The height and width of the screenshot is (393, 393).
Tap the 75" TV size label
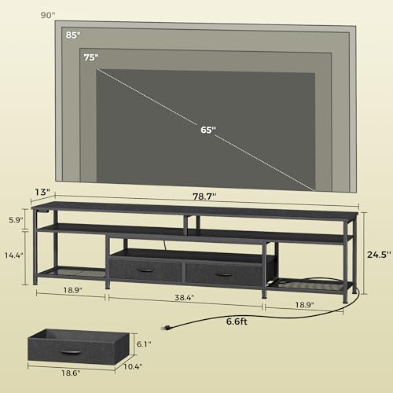pos(91,57)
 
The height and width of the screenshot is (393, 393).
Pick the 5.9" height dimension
pos(16,221)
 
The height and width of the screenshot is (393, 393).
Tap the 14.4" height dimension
pos(13,255)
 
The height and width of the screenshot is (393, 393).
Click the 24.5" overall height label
pos(379,253)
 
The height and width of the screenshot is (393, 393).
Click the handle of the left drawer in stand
pos(145,270)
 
